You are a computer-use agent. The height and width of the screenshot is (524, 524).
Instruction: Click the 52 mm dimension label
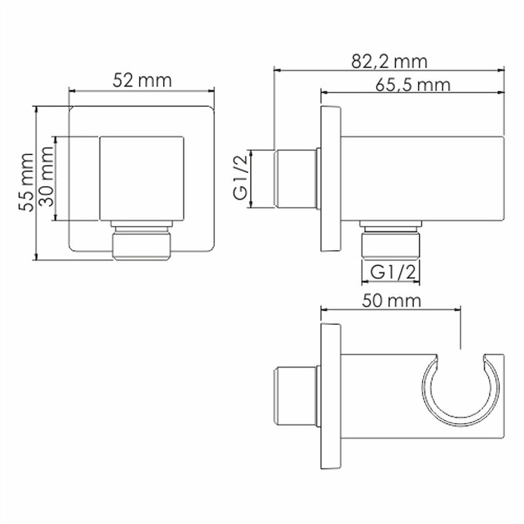tap(141, 81)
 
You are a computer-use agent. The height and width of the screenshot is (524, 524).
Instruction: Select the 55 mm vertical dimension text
tap(25, 181)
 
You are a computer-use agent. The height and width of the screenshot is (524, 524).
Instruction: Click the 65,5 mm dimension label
tap(413, 84)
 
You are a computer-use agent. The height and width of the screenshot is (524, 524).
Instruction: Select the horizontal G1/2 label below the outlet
tap(390, 271)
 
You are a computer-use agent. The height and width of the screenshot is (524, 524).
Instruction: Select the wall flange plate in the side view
tap(330, 178)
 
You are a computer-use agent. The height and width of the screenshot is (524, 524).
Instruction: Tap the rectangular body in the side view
tap(422, 178)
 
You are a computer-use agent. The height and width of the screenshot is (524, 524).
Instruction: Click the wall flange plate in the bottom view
tap(330, 398)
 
